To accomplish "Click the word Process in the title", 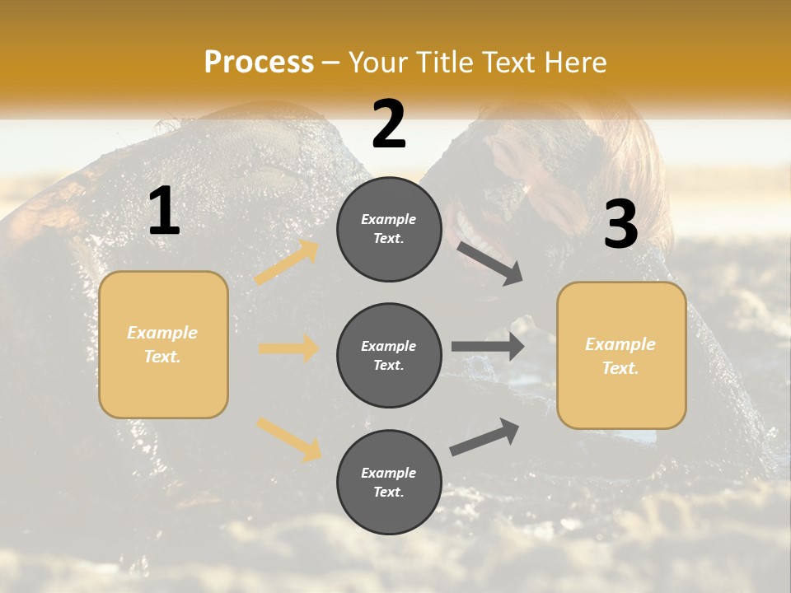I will pyautogui.click(x=259, y=63).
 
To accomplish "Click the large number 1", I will pyautogui.click(x=164, y=212).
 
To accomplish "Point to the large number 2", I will pyautogui.click(x=389, y=124).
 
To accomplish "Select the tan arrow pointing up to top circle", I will pyautogui.click(x=287, y=263).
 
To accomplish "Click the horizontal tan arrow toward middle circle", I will pyautogui.click(x=288, y=348).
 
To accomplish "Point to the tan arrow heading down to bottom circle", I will pyautogui.click(x=288, y=438).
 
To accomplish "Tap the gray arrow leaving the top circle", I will pyautogui.click(x=489, y=264).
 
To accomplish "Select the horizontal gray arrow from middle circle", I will pyautogui.click(x=487, y=347).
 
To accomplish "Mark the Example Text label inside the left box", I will pyautogui.click(x=162, y=344).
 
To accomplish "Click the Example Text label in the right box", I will pyautogui.click(x=620, y=356).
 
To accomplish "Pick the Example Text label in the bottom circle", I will pyautogui.click(x=389, y=482).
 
